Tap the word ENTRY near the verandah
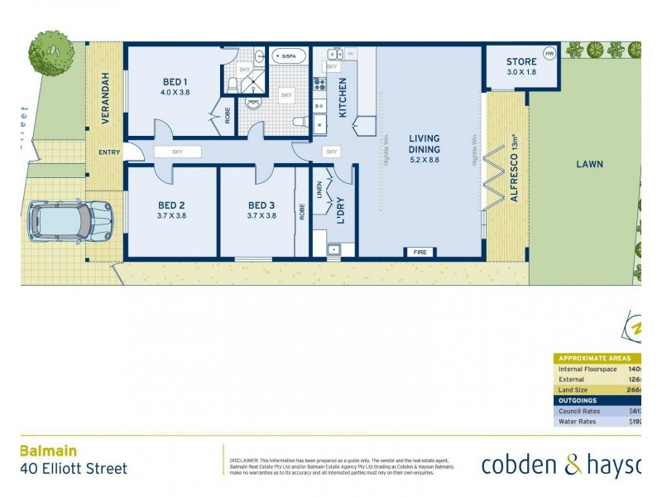tap(109, 152)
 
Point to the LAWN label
tap(590, 164)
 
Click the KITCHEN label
tap(342, 96)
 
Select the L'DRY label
tap(340, 210)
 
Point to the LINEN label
tap(319, 192)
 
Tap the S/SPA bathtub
tap(289, 56)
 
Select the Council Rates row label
tap(579, 410)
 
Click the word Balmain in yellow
tap(48, 451)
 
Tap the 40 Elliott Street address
tap(74, 469)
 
